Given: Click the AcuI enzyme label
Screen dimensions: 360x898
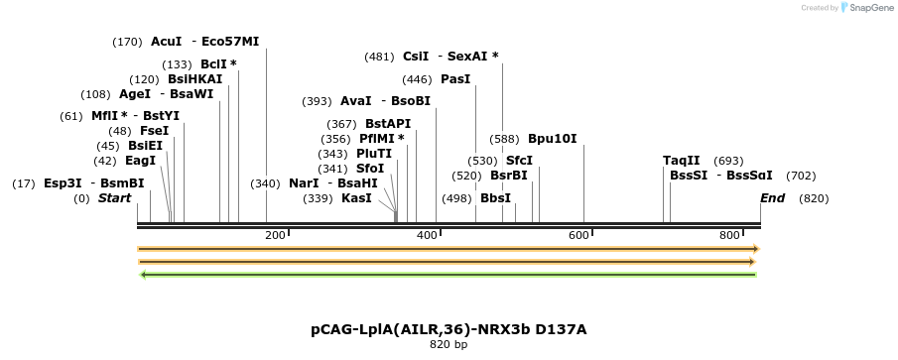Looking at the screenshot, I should [x=166, y=42].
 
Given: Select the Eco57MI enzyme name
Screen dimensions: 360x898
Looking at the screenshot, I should [x=230, y=42].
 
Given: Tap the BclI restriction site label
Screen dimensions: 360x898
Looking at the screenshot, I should [x=214, y=64].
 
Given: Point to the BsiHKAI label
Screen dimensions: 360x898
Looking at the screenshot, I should [x=195, y=79].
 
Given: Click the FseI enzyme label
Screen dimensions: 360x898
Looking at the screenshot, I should [x=154, y=131].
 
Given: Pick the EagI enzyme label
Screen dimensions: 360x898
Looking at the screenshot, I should [x=140, y=161].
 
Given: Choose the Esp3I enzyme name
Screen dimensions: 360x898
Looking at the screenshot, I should [x=63, y=183].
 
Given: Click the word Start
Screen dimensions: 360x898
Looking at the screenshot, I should [x=114, y=198].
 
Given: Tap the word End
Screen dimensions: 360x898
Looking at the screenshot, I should [x=772, y=198].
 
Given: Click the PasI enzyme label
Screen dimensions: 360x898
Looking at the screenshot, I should [x=455, y=79].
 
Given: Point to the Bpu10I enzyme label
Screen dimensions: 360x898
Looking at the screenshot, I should [x=552, y=139].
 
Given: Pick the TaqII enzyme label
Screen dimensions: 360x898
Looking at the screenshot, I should [x=682, y=161].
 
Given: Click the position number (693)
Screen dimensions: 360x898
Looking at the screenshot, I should [x=728, y=161].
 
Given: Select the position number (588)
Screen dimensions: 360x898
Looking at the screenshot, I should [x=504, y=139].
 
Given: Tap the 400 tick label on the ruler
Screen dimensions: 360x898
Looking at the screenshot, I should [x=427, y=235].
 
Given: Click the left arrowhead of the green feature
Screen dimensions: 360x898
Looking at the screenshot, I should [x=145, y=274].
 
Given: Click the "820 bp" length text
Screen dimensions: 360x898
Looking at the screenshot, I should [x=449, y=345].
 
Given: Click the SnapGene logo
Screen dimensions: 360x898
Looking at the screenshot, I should [x=866, y=8].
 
